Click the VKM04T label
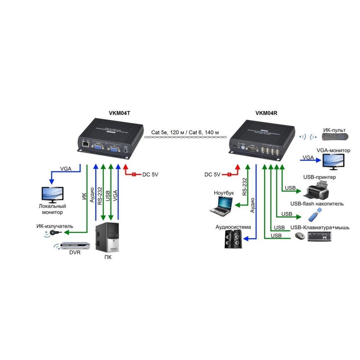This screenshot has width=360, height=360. pos(119,113)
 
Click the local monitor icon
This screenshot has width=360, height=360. pos(52,195)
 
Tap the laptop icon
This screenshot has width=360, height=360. pos(221,206)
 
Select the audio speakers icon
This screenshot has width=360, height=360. pos(233,239)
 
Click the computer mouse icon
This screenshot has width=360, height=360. pos(300,236)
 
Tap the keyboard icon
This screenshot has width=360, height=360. pos(320,237)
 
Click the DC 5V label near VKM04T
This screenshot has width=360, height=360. pos(150,175)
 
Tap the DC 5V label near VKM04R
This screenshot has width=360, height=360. pos(212,175)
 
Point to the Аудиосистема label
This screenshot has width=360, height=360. pos(233,227)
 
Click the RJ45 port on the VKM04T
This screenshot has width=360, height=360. pos(85,144)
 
